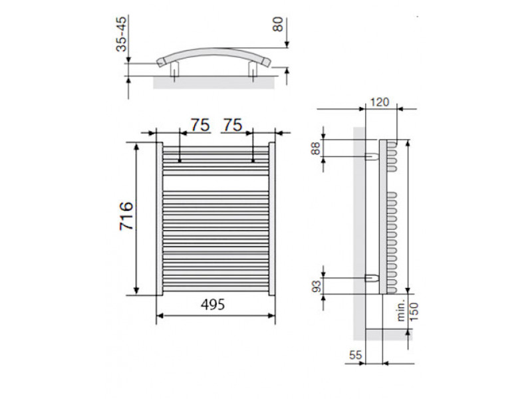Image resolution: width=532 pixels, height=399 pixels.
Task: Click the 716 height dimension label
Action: (x=126, y=216)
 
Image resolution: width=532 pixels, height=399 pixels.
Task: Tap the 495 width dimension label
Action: (x=213, y=305)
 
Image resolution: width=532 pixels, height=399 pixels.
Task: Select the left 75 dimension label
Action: (x=200, y=125)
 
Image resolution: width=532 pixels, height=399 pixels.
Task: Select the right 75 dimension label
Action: (x=232, y=125)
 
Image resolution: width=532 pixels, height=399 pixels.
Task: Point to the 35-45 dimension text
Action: (x=121, y=34)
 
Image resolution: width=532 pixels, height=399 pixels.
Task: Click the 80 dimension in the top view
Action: (x=278, y=25)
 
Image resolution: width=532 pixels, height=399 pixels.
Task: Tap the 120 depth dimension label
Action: (x=379, y=102)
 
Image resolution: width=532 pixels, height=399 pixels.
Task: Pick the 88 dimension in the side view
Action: (x=315, y=148)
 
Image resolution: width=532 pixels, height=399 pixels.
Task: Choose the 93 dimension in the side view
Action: (x=317, y=286)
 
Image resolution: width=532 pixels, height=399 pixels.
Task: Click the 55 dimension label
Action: (x=356, y=355)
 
